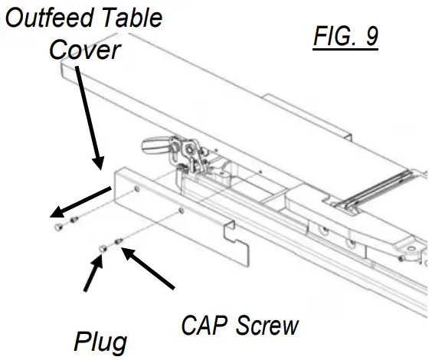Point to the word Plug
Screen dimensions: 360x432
100,342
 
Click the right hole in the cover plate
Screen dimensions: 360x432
181,208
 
